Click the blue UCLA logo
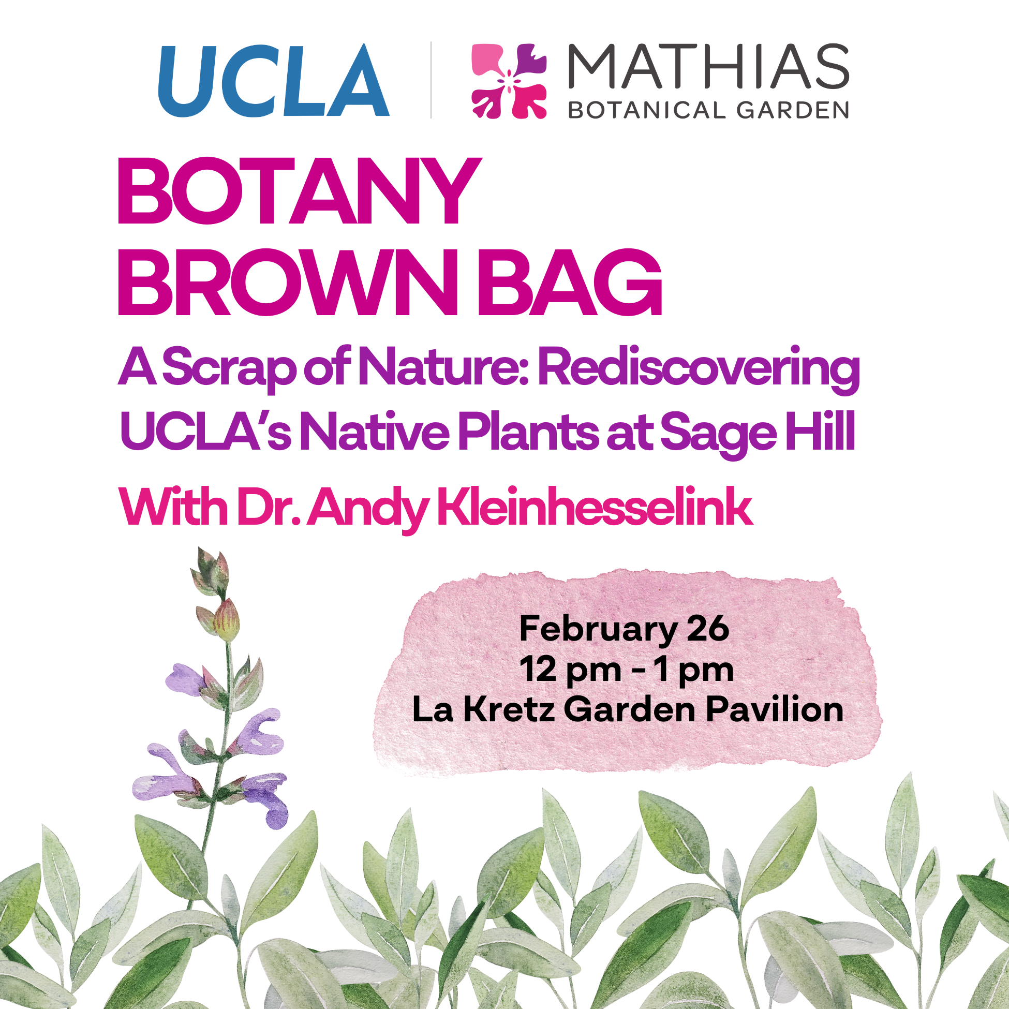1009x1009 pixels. (274, 80)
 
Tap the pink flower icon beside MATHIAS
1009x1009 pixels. (509, 81)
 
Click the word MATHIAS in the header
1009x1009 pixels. (708, 66)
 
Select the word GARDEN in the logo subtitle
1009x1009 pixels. (793, 110)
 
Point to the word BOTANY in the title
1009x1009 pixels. (299, 191)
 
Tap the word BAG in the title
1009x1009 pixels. (570, 282)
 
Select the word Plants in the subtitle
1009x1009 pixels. (528, 432)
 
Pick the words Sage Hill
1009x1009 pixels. (758, 434)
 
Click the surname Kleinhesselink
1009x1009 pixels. (595, 506)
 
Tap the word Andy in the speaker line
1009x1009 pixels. (368, 509)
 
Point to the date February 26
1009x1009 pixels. (624, 629)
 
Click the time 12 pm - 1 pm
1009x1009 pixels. (627, 670)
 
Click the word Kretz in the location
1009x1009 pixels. (509, 710)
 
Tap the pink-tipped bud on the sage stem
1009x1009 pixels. (227, 620)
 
